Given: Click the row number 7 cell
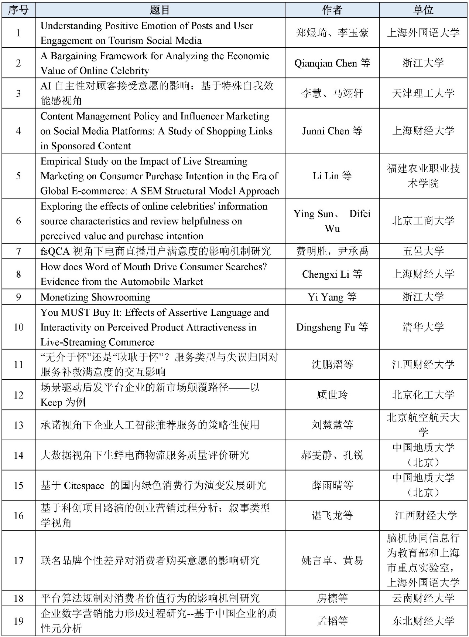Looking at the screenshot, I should point(18,251).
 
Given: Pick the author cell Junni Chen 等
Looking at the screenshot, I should point(332,131).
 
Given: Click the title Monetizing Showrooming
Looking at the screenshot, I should point(95,297).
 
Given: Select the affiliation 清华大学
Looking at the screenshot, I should point(423,327).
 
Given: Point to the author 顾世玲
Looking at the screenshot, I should point(332,395).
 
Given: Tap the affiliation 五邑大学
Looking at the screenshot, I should point(423,251).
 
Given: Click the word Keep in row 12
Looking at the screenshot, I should point(51,402).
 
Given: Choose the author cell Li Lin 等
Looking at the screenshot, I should point(332,176).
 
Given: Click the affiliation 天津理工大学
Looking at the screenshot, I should point(423,93).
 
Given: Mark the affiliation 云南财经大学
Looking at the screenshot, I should point(423,598).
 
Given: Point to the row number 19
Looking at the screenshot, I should point(18,621).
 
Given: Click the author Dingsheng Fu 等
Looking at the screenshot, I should point(332,327).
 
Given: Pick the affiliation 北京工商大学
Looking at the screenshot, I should point(423,221).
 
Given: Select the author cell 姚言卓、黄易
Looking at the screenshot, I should point(332,560).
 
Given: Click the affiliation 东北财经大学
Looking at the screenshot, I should point(423,621).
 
